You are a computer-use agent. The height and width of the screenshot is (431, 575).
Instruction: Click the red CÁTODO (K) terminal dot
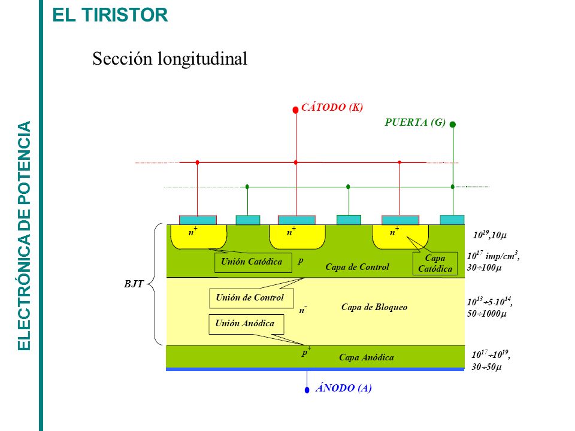coord(295,110)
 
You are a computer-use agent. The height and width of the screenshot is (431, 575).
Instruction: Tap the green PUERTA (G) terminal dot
coord(453,125)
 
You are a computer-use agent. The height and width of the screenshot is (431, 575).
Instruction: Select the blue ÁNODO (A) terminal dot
coord(307,390)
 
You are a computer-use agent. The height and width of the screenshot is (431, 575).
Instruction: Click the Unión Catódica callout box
coord(253,262)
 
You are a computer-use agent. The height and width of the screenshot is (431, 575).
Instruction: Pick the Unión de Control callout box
coord(252,298)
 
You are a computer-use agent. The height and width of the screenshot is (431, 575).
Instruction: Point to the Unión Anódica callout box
coord(246,324)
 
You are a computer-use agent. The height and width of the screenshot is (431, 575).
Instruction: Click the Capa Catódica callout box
coord(435,263)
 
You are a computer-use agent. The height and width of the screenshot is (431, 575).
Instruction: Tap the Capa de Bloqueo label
coord(374,307)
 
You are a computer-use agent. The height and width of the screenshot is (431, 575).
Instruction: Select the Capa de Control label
coord(357,267)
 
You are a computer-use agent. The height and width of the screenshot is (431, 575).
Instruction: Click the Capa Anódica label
coord(367,357)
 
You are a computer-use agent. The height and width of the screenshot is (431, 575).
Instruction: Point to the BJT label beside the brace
coord(134,284)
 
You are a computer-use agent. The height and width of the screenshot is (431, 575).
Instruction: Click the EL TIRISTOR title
coord(110,15)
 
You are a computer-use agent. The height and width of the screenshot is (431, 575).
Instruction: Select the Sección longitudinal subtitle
coord(170,59)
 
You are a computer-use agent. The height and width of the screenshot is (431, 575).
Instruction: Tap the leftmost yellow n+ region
coord(198,237)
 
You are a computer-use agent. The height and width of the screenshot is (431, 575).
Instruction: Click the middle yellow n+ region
coord(297,237)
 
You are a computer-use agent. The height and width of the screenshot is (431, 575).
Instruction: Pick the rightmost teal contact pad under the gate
coord(452,220)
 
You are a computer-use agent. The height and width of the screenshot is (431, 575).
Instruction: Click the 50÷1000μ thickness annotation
coord(486,314)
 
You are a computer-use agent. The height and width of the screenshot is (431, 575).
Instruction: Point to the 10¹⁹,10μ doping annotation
coord(489,235)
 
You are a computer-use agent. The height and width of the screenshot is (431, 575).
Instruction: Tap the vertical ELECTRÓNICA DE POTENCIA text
coord(24,236)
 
